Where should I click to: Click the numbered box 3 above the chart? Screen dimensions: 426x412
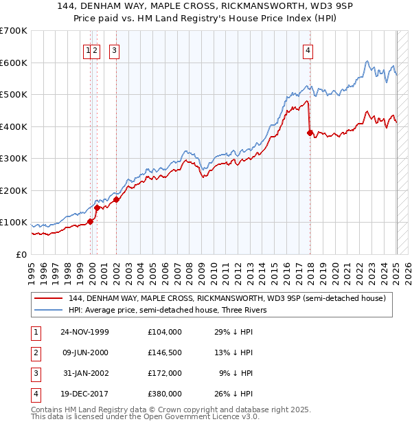[113, 50]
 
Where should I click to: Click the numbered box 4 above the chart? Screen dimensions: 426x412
[309, 50]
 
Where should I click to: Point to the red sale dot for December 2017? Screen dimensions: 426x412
[310, 133]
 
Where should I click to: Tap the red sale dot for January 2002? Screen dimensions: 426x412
[116, 199]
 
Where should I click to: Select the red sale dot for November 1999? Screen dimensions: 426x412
[90, 221]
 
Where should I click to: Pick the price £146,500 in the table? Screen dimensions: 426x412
[165, 352]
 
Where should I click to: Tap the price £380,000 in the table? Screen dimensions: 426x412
[165, 394]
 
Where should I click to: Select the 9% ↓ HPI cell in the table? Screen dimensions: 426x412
[236, 373]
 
